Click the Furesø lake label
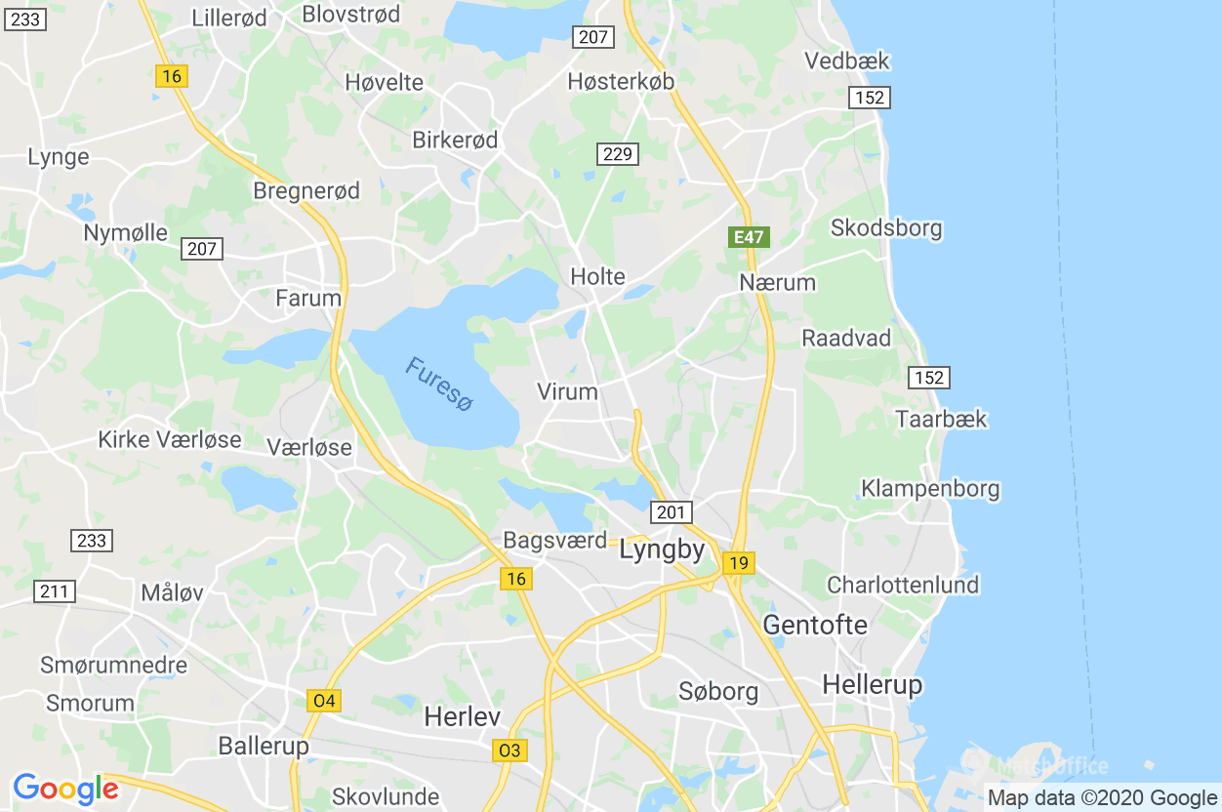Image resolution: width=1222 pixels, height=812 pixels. pos(438,385)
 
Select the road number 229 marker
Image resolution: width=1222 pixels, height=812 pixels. pos(618,153)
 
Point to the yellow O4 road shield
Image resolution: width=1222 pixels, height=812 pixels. pos(324,700)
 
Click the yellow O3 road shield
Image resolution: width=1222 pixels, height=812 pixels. pos(509,750)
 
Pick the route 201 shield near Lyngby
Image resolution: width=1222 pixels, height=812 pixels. pos(672,511)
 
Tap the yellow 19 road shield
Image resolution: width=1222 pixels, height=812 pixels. pos(739,562)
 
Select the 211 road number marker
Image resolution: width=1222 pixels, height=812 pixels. pos(54,590)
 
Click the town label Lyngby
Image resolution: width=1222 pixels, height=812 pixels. pos(662,550)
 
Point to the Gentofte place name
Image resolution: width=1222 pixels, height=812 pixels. pos(815,625)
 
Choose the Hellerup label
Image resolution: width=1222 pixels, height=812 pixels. pos(872,684)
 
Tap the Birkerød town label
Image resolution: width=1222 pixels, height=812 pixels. pos(455,140)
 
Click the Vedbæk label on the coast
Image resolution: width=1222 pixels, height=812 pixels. pos(847,61)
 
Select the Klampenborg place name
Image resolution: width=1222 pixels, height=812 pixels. pos(930,488)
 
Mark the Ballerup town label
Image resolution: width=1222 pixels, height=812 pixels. pos(264,746)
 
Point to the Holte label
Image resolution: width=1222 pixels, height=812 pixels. pos(597,276)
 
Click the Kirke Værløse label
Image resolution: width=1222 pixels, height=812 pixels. pos(170,439)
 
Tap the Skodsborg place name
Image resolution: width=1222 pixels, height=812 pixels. pos(886,228)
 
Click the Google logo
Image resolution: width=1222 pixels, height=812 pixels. pos(65,789)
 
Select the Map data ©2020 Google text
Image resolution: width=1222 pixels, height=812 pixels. pos(1102,797)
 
